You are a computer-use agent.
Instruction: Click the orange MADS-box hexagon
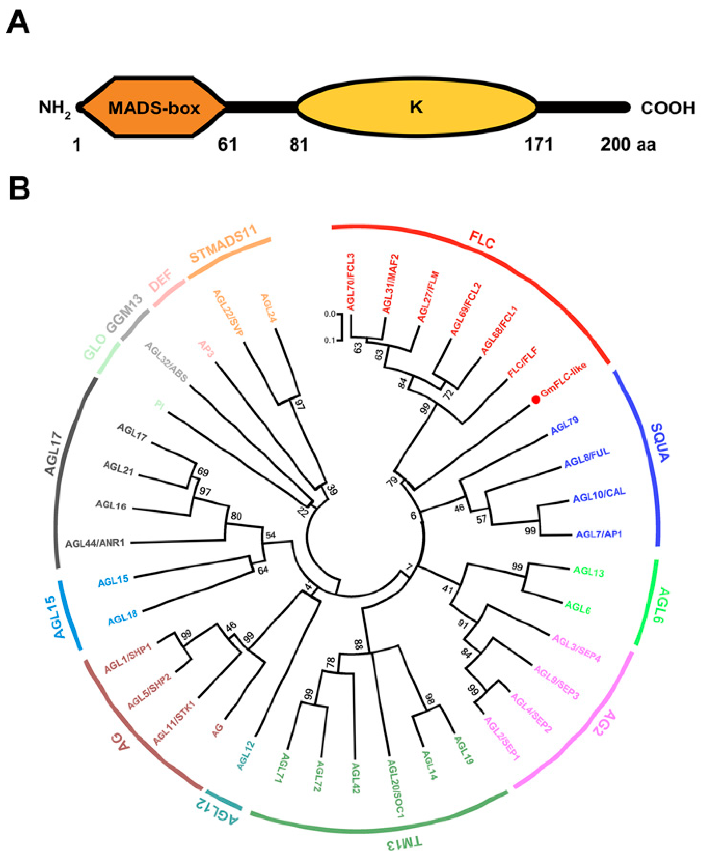tap(154, 107)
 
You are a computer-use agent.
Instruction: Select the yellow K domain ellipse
tap(416, 107)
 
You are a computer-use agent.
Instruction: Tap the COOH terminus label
tap(668, 108)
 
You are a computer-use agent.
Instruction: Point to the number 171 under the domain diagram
tap(539, 145)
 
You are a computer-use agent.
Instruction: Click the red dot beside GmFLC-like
tap(535, 400)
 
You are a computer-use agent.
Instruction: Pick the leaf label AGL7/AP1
tap(599, 534)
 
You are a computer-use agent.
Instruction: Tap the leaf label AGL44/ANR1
tap(95, 543)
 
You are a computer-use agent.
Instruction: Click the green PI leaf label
tap(160, 405)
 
